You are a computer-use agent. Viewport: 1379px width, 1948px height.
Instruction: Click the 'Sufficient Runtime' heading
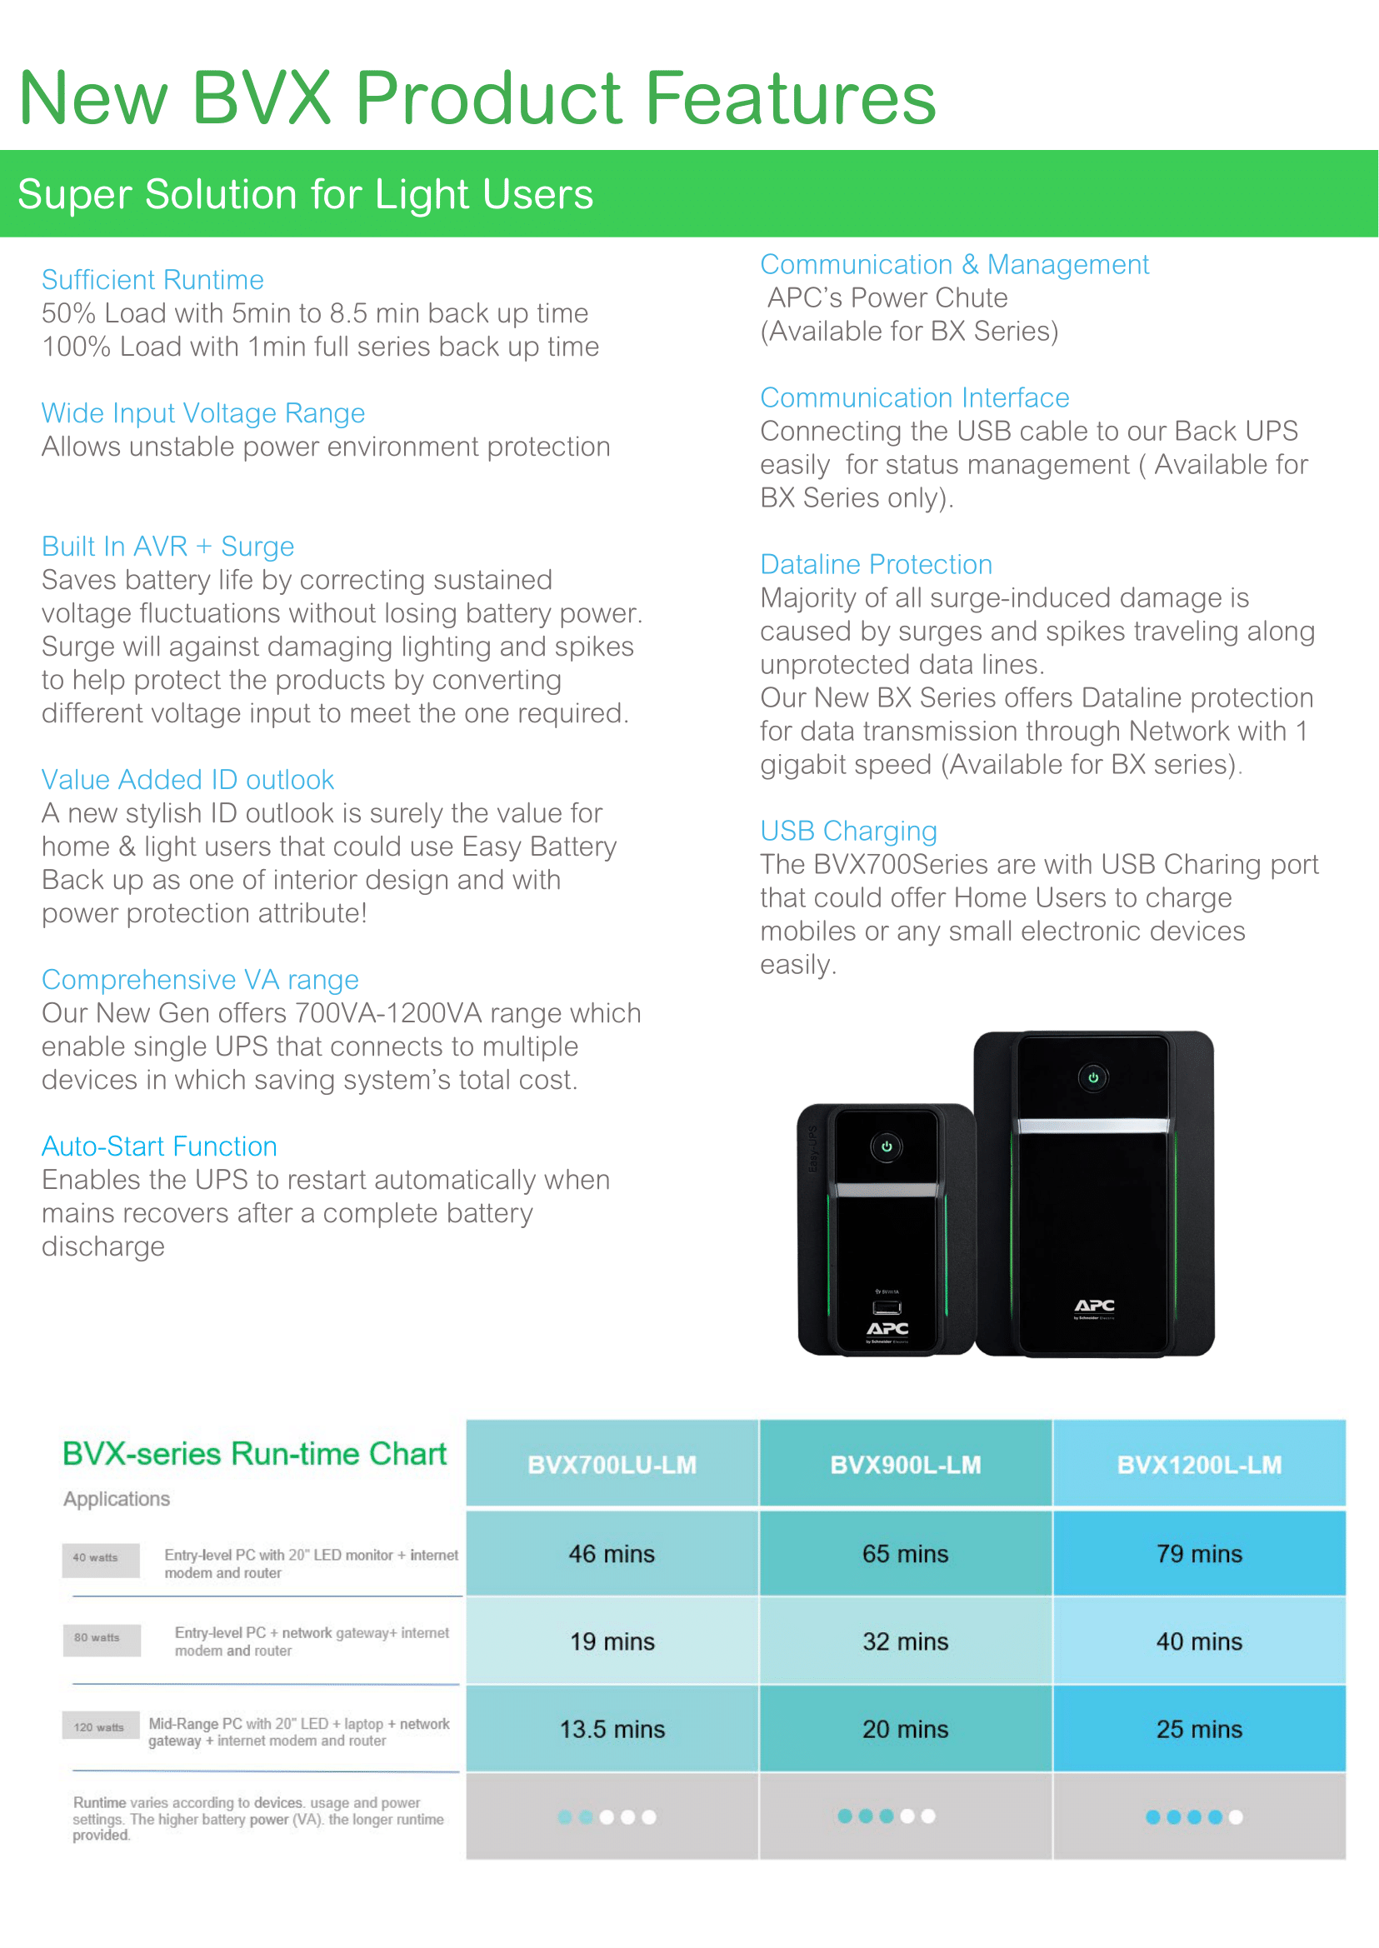152,279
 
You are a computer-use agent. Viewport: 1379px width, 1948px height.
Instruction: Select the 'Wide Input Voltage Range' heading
203,412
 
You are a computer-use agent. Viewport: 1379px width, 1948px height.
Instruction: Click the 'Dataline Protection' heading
876,564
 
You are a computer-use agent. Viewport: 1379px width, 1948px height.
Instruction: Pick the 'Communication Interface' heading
914,397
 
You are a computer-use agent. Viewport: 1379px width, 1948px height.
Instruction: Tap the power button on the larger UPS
1093,1077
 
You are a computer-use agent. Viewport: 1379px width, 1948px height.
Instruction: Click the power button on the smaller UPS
886,1146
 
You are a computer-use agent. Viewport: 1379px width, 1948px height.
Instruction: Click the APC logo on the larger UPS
1094,1306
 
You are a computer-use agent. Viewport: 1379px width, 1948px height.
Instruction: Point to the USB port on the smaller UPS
887,1307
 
